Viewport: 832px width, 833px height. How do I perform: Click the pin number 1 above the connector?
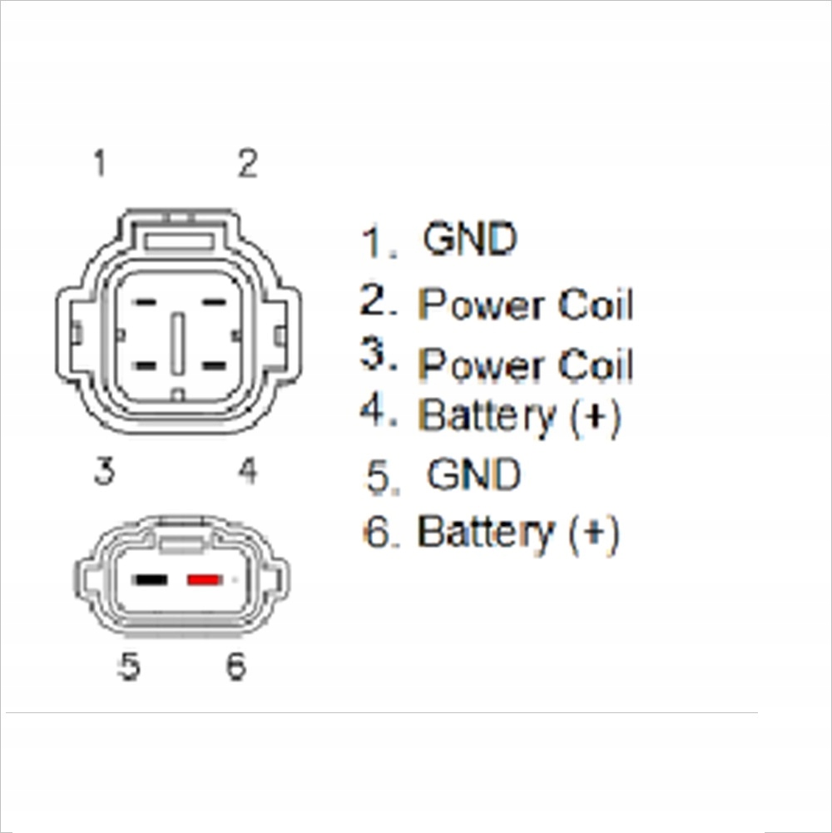pos(100,163)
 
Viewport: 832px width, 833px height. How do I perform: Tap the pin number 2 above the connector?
pos(247,164)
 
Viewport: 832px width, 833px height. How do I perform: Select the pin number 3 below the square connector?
pos(103,472)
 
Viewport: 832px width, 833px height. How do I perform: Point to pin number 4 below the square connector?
pos(247,472)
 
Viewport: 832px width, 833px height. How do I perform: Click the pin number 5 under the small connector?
pos(128,666)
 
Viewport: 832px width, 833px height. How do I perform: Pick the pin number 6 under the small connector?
pos(236,666)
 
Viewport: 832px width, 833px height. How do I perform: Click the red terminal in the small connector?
pos(203,579)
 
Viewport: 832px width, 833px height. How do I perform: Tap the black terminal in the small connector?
pos(152,579)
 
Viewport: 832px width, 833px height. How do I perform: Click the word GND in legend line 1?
pos(470,240)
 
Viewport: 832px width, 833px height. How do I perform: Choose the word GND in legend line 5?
pos(473,475)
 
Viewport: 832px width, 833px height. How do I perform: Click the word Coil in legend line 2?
pos(596,305)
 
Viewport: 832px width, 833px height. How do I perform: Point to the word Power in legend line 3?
pos(482,365)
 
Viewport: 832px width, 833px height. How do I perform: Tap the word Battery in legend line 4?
pos(487,416)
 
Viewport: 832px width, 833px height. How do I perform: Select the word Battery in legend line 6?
pos(486,533)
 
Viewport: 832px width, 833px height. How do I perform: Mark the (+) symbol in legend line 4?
pos(596,416)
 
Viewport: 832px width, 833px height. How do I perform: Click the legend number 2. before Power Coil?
pos(378,301)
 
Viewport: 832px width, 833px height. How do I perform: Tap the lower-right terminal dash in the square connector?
pos(214,365)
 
